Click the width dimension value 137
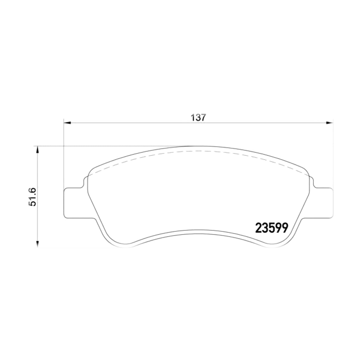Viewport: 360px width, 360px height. [x=198, y=118]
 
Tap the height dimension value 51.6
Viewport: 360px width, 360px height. [x=32, y=197]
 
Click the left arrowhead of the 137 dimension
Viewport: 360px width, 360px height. [x=67, y=123]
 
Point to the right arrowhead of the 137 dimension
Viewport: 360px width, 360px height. [x=329, y=123]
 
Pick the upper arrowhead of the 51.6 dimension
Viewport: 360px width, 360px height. [x=37, y=150]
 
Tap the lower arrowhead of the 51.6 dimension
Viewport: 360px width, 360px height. [x=37, y=244]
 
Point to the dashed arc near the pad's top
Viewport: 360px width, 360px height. [x=198, y=151]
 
